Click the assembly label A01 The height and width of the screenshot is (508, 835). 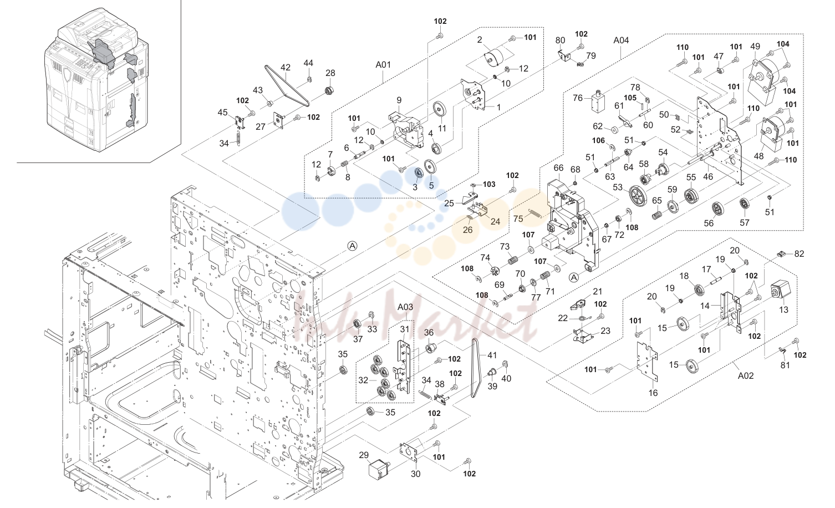[383, 64]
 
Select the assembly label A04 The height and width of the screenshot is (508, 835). [621, 40]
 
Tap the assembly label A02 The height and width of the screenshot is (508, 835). [746, 375]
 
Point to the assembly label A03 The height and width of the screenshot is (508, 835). [405, 307]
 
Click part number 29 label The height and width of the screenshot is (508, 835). [364, 455]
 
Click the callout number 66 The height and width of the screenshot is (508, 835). [558, 168]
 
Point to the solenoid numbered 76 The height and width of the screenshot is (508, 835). [598, 101]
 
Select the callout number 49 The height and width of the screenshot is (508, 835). [755, 47]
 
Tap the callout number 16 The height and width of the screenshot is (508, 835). [653, 393]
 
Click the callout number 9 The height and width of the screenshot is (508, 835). [399, 100]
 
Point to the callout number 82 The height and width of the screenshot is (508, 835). [799, 253]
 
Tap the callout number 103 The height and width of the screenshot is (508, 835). [489, 184]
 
